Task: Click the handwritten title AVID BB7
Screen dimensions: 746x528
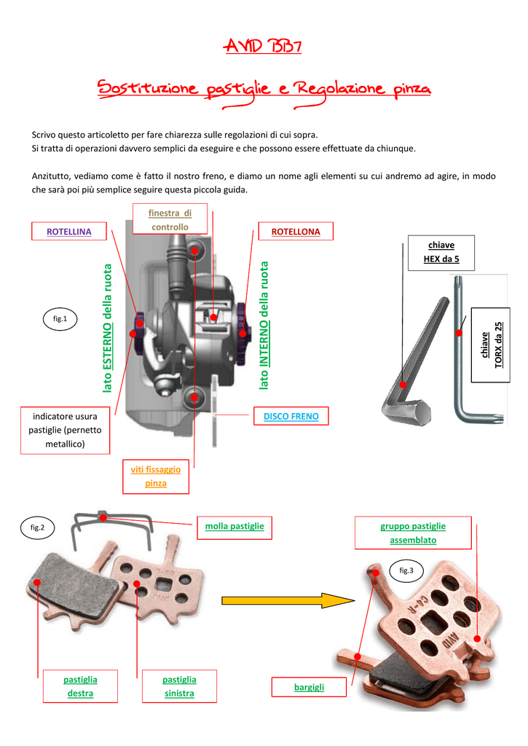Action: (x=264, y=48)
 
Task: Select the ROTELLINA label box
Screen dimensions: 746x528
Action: (x=69, y=232)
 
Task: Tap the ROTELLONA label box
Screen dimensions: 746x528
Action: (x=296, y=232)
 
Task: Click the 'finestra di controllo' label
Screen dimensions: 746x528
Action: (x=170, y=219)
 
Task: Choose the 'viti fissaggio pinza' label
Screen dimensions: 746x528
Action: (x=156, y=476)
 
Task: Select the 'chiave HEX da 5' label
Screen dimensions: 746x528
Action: (x=441, y=252)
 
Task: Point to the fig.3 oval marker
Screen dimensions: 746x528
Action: (x=406, y=571)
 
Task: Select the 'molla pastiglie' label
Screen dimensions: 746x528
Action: (x=235, y=526)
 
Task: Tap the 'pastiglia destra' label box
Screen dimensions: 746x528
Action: (x=80, y=686)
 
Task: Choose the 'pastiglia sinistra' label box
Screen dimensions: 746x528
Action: (x=179, y=686)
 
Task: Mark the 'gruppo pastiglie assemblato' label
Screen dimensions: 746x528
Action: (x=413, y=533)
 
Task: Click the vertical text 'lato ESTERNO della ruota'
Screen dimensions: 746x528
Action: (x=107, y=329)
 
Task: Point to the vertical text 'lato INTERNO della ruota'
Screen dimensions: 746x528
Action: (x=264, y=325)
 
